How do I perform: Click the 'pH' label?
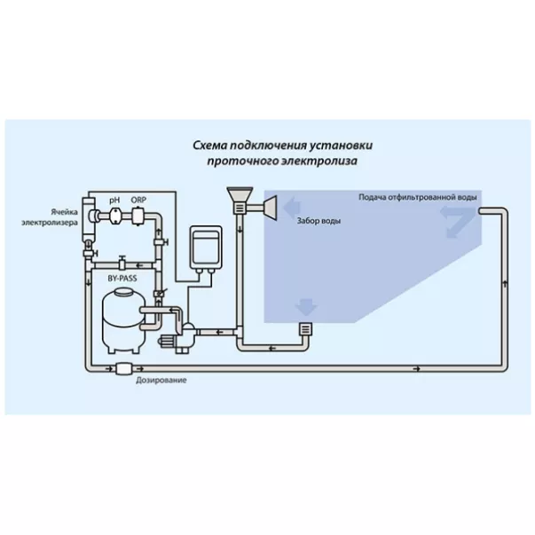tap(114, 201)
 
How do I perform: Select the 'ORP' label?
tap(138, 201)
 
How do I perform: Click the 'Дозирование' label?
tap(161, 380)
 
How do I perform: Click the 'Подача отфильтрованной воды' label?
tap(419, 196)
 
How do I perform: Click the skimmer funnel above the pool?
tap(240, 197)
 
